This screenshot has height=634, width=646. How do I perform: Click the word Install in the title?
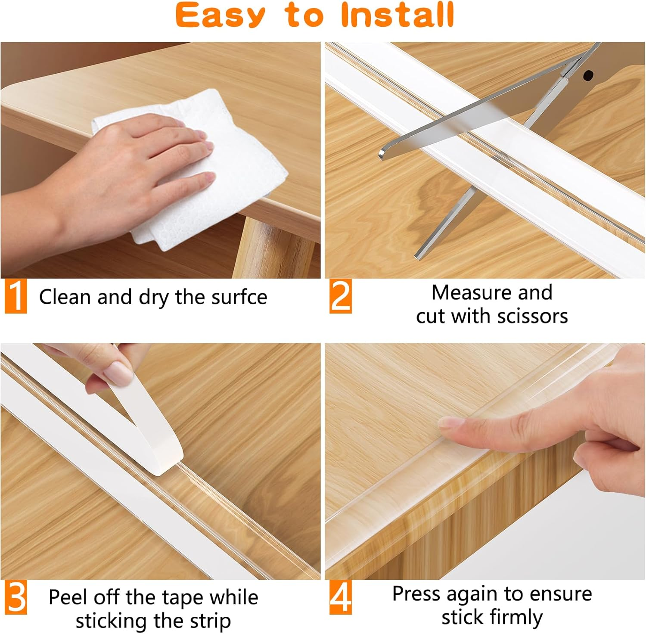(397, 15)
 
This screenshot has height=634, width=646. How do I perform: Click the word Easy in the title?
(220, 16)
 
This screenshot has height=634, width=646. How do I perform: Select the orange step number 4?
(341, 597)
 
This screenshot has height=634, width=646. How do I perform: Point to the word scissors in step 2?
(532, 316)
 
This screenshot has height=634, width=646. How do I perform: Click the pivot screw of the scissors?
(587, 76)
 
